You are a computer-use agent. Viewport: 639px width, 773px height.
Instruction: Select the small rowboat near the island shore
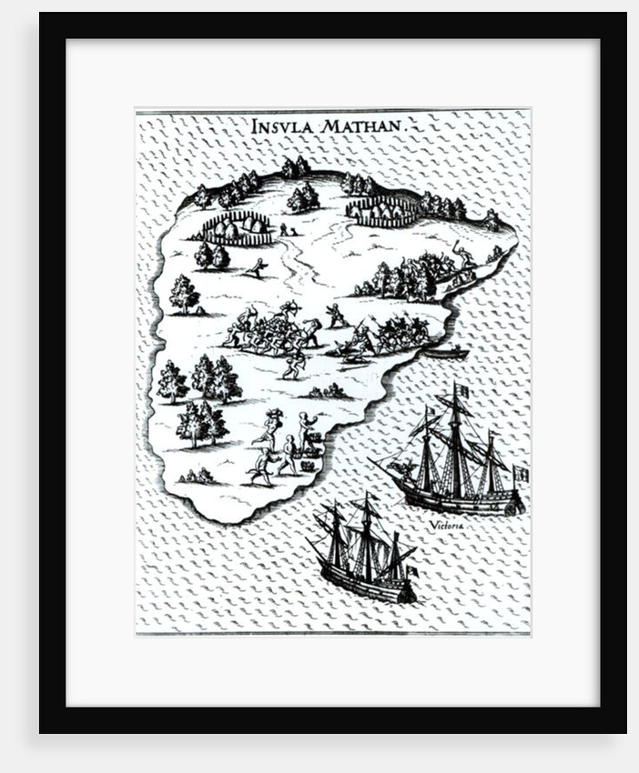click(x=447, y=352)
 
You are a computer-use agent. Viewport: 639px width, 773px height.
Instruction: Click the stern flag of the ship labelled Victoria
click(x=521, y=474)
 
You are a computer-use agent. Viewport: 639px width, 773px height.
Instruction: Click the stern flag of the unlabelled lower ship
click(x=411, y=571)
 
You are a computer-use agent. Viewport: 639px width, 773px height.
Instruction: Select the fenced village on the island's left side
click(x=237, y=227)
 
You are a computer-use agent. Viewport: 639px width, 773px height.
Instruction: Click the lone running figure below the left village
click(x=259, y=268)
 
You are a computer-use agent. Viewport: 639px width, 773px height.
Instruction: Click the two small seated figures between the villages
click(x=289, y=231)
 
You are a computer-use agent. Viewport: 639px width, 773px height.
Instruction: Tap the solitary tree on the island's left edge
click(x=184, y=294)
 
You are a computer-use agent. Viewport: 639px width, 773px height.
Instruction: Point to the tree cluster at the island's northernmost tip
click(x=295, y=167)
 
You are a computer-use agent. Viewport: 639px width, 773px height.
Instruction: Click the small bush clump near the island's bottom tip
click(x=198, y=476)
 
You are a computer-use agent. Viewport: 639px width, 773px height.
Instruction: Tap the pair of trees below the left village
click(x=211, y=256)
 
